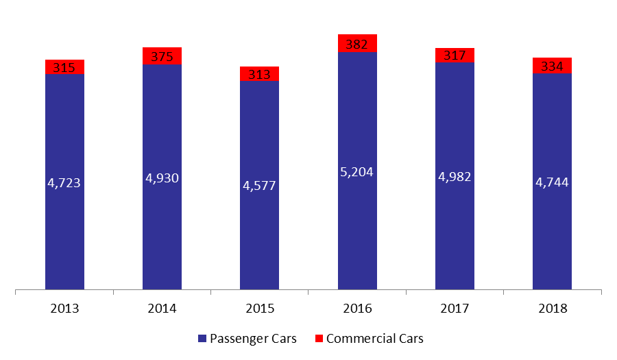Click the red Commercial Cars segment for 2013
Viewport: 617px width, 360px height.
click(64, 67)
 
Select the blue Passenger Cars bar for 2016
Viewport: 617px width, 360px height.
click(357, 171)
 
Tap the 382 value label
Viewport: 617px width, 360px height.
click(357, 44)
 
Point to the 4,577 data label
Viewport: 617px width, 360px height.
click(259, 185)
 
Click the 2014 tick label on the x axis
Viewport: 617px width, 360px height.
click(162, 309)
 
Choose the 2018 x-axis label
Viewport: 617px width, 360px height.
click(553, 309)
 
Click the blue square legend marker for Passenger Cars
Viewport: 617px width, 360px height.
click(202, 338)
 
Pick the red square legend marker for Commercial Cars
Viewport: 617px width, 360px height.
click(319, 338)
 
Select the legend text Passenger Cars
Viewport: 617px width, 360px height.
click(254, 338)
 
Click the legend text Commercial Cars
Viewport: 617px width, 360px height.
click(375, 338)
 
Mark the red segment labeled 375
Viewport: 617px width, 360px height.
click(162, 56)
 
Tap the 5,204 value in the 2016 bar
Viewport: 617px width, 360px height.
click(357, 172)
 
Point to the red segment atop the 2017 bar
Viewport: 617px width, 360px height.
click(455, 56)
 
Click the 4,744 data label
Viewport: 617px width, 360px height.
click(552, 182)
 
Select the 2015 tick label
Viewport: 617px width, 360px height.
click(260, 309)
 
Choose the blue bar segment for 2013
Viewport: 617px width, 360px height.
click(64, 182)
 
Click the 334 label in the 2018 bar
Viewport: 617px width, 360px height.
click(552, 66)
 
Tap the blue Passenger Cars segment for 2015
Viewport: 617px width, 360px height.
click(259, 185)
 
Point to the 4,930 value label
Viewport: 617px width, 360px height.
click(162, 178)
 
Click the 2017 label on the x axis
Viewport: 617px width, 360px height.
click(455, 309)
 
